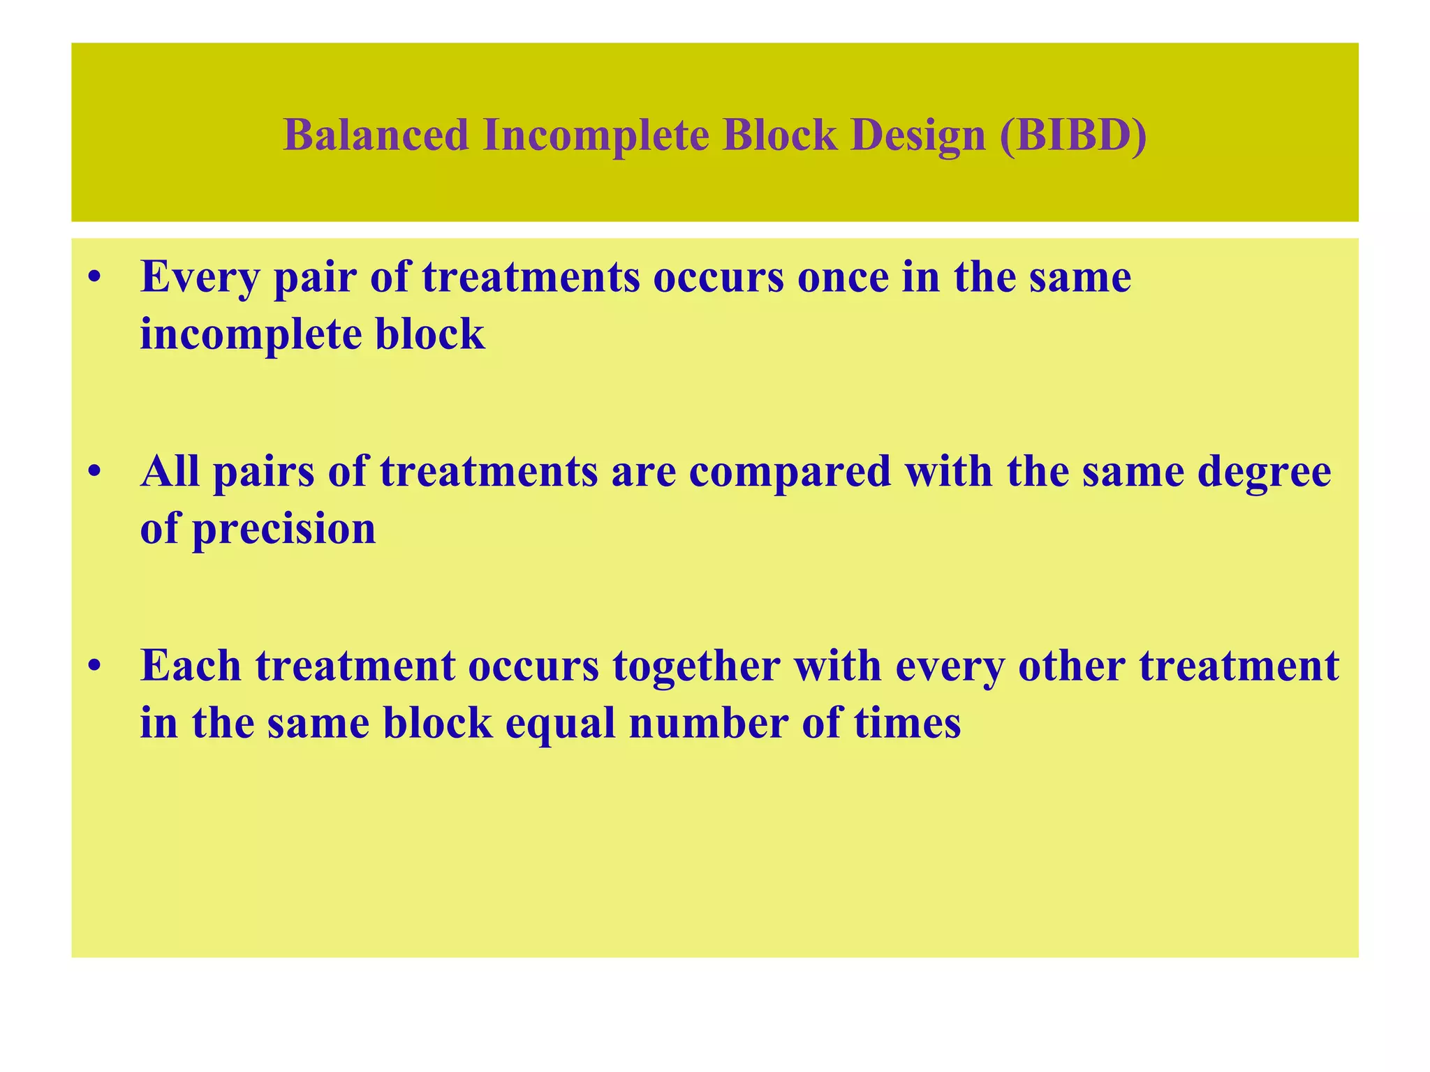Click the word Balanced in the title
(376, 135)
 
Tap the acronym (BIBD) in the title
(1072, 135)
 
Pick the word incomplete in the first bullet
(251, 335)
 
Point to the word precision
(283, 529)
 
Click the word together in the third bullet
(696, 667)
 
